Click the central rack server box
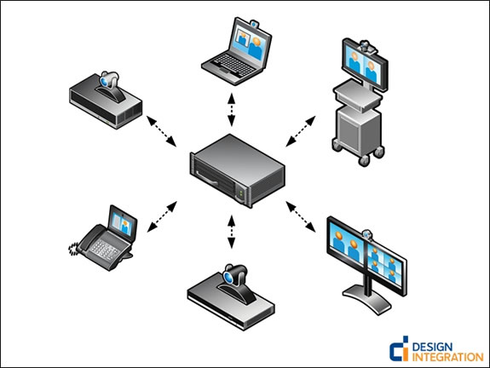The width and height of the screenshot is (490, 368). [x=238, y=170]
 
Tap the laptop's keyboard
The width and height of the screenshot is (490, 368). [x=233, y=66]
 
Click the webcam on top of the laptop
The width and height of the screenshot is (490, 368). [x=255, y=24]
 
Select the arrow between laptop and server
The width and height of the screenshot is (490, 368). [x=231, y=109]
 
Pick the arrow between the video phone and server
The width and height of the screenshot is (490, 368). [x=162, y=217]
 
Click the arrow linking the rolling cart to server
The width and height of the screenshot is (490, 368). [x=301, y=131]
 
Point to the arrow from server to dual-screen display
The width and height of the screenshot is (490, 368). [x=301, y=217]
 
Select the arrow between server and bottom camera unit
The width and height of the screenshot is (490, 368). [x=231, y=232]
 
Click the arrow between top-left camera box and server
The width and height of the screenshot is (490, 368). [x=162, y=131]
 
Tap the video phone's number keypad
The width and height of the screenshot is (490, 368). [x=105, y=249]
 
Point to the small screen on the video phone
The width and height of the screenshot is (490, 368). [x=122, y=221]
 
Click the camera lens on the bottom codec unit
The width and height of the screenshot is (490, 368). [x=228, y=278]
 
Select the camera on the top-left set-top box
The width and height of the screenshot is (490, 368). [x=109, y=83]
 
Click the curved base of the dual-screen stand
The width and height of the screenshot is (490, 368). [x=367, y=298]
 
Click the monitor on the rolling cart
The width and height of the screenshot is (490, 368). [x=365, y=65]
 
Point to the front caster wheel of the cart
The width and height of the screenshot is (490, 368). [x=364, y=160]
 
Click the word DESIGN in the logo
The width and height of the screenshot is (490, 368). [x=432, y=347]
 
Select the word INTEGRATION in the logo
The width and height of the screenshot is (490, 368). [x=447, y=357]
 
